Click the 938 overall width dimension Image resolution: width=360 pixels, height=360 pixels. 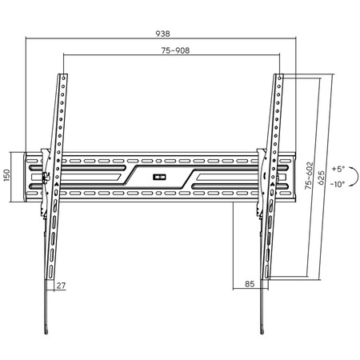coord(162,34)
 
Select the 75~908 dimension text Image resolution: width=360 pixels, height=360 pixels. coord(175,50)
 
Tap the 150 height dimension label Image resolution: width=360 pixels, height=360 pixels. coord(6,175)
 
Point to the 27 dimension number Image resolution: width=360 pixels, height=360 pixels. coord(61,286)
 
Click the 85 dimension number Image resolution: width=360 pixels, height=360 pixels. coord(250,284)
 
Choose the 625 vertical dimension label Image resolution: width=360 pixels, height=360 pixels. coord(322,178)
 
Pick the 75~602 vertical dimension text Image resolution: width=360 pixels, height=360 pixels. coord(309,175)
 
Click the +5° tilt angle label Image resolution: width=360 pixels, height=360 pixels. coord(338,169)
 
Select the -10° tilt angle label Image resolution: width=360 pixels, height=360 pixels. coord(338,184)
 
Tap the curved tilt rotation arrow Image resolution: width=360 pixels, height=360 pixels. coord(357,176)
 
